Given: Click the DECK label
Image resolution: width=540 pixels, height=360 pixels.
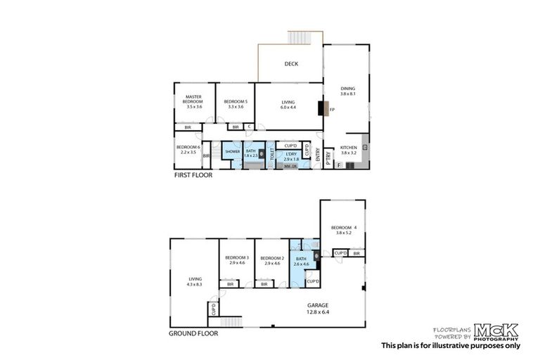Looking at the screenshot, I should pyautogui.click(x=291, y=64).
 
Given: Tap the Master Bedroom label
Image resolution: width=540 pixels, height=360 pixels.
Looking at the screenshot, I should pyautogui.click(x=194, y=102).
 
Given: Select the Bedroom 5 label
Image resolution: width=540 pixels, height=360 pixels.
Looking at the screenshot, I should pyautogui.click(x=233, y=104).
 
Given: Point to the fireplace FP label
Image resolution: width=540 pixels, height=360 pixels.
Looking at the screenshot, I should pyautogui.click(x=331, y=110).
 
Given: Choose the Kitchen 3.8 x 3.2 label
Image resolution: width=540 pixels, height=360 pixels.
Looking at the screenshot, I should pyautogui.click(x=349, y=150).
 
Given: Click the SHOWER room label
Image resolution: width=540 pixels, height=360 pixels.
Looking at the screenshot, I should pyautogui.click(x=232, y=152).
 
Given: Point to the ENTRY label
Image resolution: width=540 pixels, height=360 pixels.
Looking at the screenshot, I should pyautogui.click(x=319, y=157).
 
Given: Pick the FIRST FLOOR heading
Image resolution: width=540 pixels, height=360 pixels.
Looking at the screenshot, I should pyautogui.click(x=193, y=174).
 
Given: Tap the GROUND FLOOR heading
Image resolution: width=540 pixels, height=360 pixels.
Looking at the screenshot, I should pyautogui.click(x=194, y=333).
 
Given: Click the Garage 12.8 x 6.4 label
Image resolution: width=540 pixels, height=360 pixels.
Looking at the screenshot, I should pyautogui.click(x=318, y=308).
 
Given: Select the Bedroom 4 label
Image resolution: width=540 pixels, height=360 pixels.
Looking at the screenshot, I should pyautogui.click(x=344, y=230).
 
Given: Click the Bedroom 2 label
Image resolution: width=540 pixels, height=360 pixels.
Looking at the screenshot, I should pyautogui.click(x=271, y=260).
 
